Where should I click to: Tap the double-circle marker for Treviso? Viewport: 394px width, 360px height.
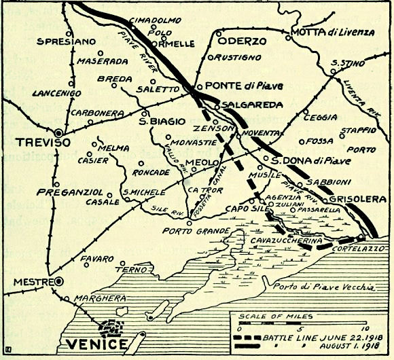tap(59, 133)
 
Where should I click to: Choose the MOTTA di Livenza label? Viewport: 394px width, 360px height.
tap(332, 33)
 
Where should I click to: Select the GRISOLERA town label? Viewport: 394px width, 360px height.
tap(353, 200)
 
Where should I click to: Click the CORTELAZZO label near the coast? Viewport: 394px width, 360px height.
tap(356, 249)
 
